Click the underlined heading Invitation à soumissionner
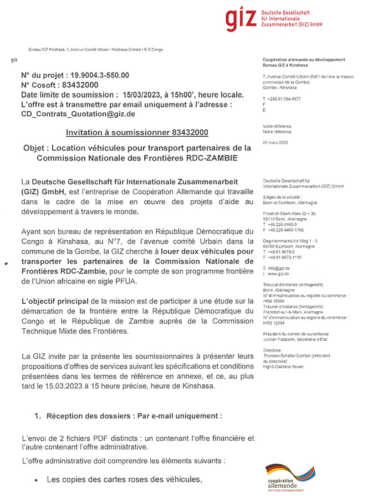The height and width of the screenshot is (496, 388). click(137, 133)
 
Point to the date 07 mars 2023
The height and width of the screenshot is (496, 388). click(275, 143)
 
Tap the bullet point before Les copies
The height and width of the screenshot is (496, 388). click(36, 479)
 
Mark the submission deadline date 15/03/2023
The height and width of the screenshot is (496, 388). click(146, 94)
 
